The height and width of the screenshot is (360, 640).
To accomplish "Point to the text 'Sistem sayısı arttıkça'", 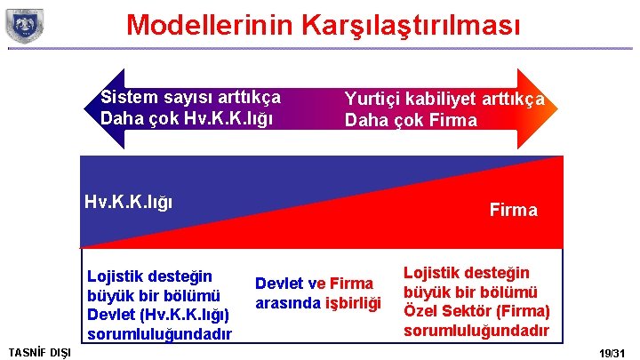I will [190, 97].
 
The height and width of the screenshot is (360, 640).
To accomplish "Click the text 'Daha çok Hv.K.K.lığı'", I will [187, 118].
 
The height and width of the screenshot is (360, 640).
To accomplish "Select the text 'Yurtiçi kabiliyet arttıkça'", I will [444, 100].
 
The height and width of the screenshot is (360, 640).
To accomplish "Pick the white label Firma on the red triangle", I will [513, 211].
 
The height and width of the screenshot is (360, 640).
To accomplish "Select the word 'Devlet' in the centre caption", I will [280, 284].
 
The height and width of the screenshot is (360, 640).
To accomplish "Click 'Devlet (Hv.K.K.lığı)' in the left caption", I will [159, 315].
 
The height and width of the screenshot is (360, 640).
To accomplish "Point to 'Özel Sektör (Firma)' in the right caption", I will [476, 311].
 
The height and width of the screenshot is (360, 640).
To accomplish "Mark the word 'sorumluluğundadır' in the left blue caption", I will [159, 334].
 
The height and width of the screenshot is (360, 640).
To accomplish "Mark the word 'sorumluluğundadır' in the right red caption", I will [476, 331].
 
